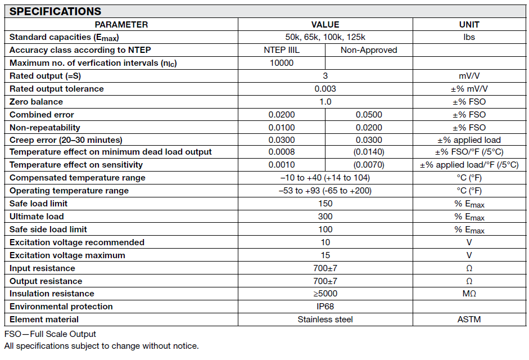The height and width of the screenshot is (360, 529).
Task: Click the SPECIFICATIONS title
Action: point(56,11)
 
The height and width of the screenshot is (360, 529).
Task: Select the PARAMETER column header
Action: point(121,24)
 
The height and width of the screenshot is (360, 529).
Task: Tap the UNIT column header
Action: point(469,24)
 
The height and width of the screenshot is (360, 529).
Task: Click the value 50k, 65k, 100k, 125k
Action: point(325,37)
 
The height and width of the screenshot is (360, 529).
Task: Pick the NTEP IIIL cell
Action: point(282,50)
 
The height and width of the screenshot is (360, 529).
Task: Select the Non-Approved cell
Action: point(369,50)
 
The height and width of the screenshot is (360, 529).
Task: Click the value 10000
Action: point(282,63)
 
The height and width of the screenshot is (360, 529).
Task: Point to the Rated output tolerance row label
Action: point(57,89)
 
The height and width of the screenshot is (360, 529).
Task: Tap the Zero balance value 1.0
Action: point(325,102)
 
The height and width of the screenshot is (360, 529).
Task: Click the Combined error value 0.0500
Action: point(369,115)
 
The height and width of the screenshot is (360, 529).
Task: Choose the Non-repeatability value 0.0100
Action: point(282,128)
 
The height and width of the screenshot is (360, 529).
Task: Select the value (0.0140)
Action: point(369,152)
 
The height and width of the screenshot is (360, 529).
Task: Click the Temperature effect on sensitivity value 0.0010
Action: point(282,165)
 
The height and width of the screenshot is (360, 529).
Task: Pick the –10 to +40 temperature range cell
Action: point(325,178)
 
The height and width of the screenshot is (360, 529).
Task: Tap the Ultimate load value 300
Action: point(325,217)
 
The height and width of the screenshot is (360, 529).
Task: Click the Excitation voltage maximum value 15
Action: point(325,255)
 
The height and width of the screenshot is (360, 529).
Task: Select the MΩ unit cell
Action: point(469,294)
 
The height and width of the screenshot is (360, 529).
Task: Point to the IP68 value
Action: point(325,307)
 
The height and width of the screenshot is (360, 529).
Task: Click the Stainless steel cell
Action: point(325,319)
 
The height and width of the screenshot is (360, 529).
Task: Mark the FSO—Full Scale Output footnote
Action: point(50,334)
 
